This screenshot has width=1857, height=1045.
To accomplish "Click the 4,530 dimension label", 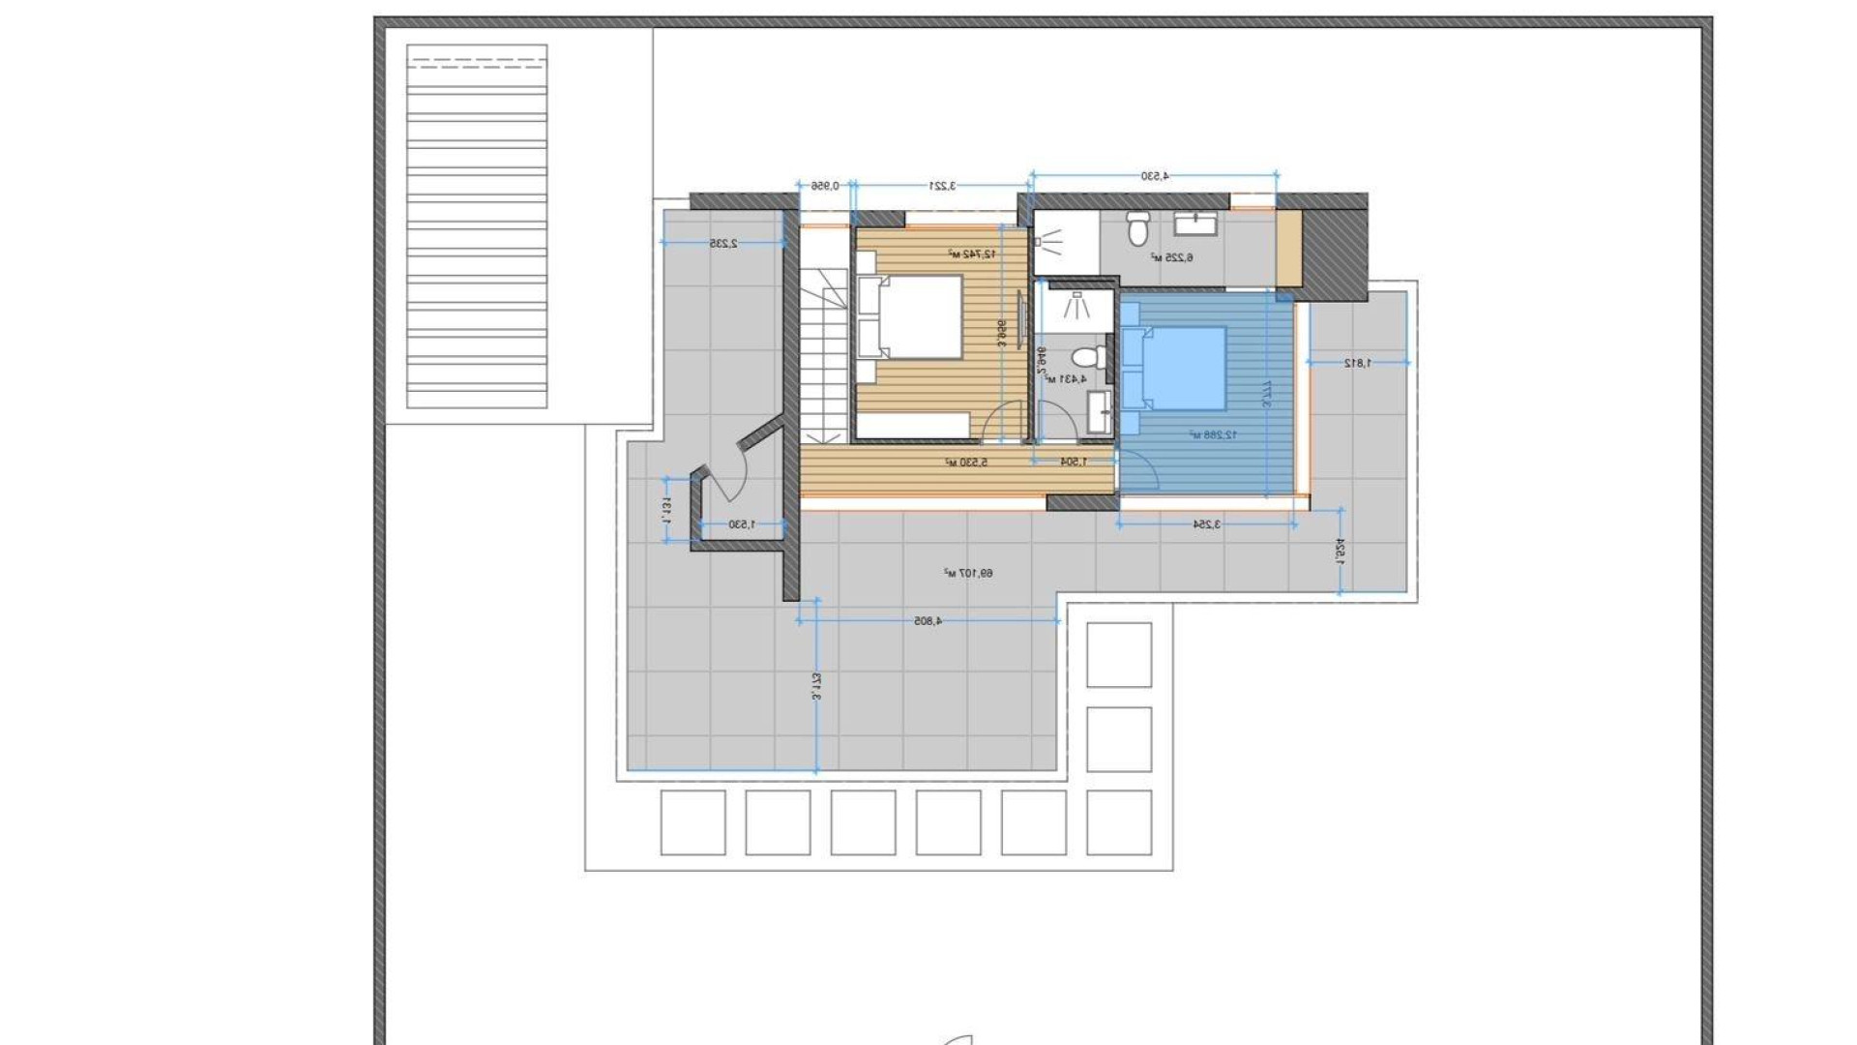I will (1155, 176).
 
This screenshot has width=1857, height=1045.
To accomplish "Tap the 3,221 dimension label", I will (942, 185).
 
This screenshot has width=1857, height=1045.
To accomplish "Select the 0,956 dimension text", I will (824, 185).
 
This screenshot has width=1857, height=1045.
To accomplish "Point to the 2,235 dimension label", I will (723, 244).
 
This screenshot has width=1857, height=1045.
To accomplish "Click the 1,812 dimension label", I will (1358, 363).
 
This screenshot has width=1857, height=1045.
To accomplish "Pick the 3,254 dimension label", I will (1207, 523).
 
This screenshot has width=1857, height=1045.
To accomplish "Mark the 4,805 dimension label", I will (928, 621).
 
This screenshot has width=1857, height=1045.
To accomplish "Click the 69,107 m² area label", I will (968, 574).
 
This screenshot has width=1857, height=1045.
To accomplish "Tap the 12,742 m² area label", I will (971, 254).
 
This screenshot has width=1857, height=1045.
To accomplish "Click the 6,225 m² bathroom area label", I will (1171, 257).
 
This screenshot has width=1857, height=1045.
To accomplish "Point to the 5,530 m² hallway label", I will (966, 463).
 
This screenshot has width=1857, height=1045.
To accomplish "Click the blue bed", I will (1174, 369).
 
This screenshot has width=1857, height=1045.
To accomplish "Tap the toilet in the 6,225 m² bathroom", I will (1137, 229).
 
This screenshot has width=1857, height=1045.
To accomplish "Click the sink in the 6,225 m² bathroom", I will (1194, 224).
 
